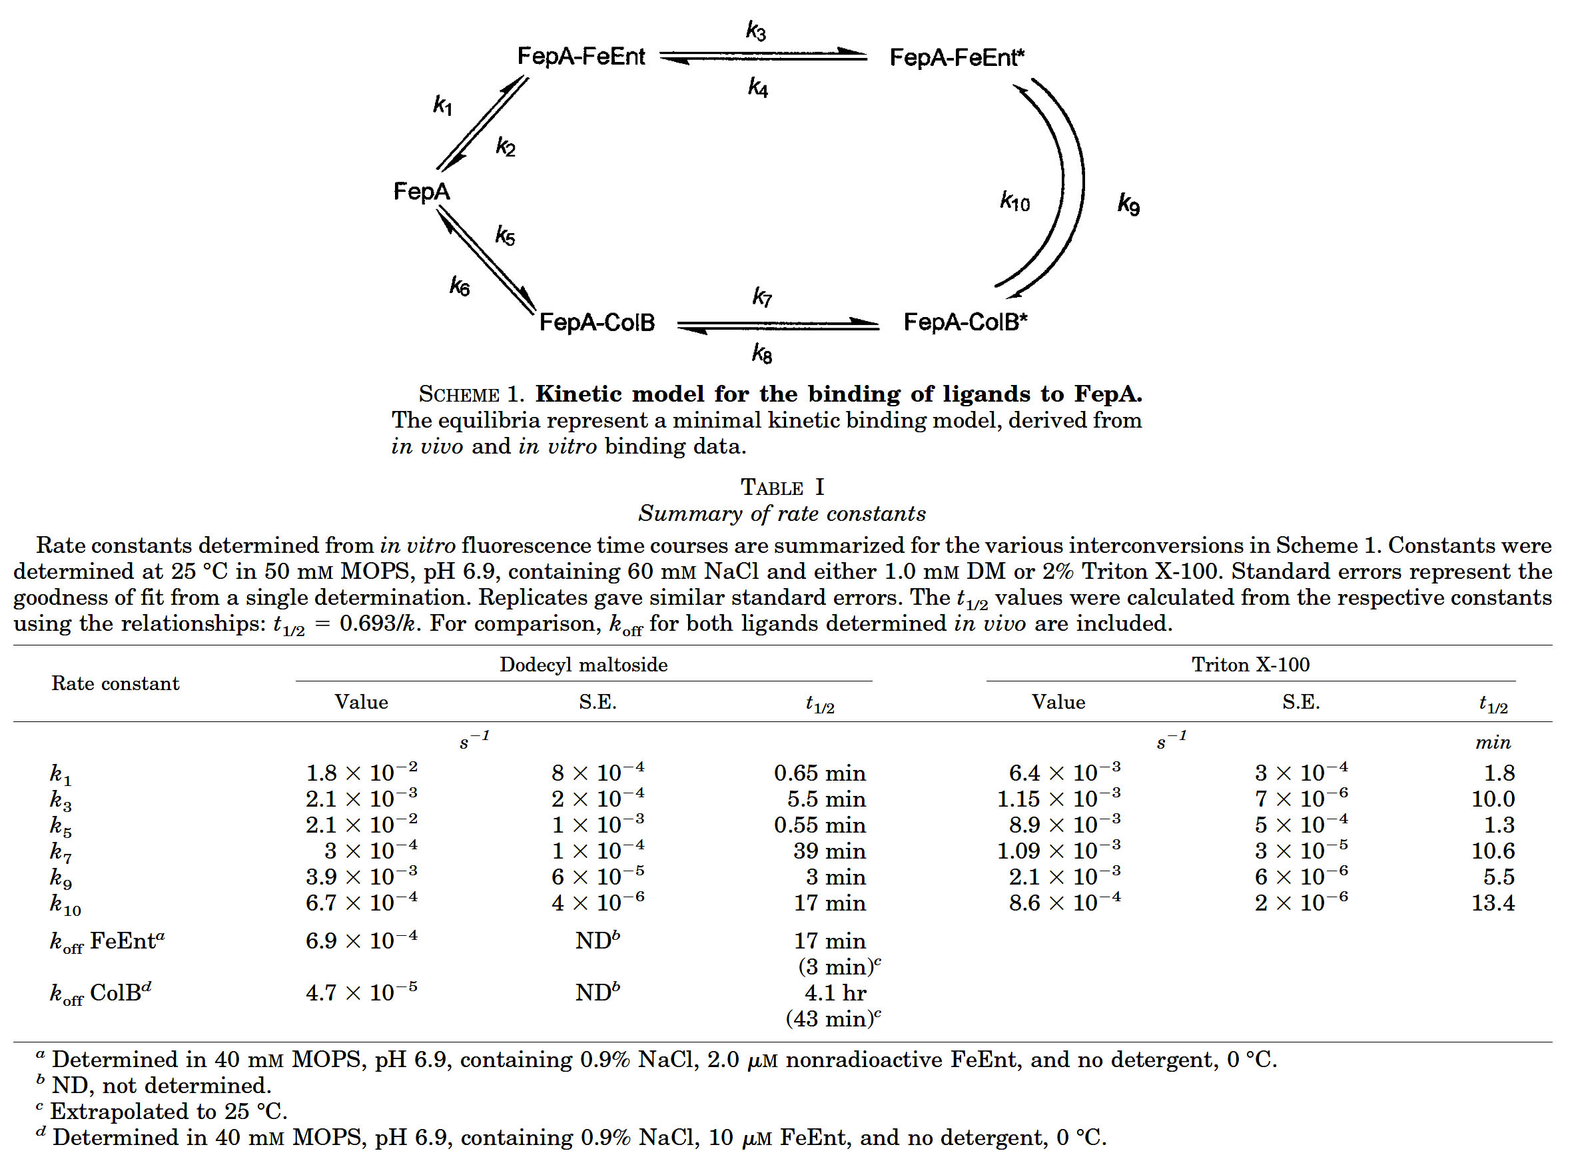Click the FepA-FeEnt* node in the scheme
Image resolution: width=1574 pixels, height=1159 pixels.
click(x=957, y=57)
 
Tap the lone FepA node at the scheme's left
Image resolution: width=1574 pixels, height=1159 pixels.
click(x=421, y=192)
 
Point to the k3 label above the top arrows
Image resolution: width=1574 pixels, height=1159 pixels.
click(x=755, y=31)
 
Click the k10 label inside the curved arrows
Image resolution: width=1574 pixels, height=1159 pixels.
click(x=1014, y=202)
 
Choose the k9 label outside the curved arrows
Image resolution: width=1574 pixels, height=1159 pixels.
click(x=1128, y=204)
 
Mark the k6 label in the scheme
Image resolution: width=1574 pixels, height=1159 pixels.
click(x=460, y=286)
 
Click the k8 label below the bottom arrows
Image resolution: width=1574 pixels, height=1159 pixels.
click(x=762, y=353)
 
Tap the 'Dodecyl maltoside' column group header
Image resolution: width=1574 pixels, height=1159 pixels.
click(x=583, y=664)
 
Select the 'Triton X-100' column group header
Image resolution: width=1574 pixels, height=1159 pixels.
click(x=1250, y=664)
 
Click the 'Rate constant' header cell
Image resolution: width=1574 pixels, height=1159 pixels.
click(x=115, y=683)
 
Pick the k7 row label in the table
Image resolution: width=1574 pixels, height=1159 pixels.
click(x=61, y=853)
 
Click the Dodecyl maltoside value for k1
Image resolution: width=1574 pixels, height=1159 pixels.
click(x=361, y=773)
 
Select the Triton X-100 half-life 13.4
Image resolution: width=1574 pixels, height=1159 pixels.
click(x=1492, y=903)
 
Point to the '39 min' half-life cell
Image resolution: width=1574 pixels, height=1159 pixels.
click(x=829, y=851)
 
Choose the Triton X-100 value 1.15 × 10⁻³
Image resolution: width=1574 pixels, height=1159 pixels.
click(x=1058, y=799)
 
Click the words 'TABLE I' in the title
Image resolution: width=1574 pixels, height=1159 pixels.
click(x=782, y=487)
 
